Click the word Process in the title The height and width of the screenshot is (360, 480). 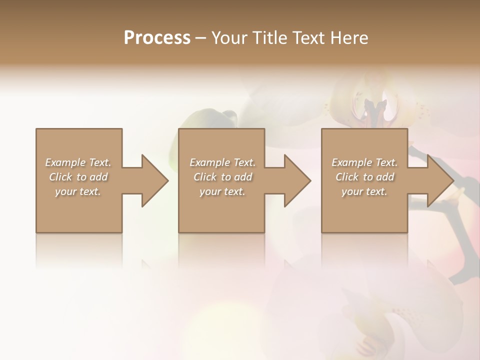[157, 37]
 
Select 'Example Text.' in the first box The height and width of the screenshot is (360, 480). [78, 162]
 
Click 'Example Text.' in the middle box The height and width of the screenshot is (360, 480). [222, 162]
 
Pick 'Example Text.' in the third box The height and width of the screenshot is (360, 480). [364, 162]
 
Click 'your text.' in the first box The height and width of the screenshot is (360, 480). [78, 191]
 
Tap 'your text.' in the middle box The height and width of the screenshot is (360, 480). [222, 191]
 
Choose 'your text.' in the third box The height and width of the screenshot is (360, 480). [364, 191]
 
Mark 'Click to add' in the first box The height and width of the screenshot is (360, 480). [78, 177]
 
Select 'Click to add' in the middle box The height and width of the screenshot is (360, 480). [222, 177]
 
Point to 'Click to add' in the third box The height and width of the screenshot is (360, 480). [364, 177]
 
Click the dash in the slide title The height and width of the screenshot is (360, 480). [200, 38]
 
